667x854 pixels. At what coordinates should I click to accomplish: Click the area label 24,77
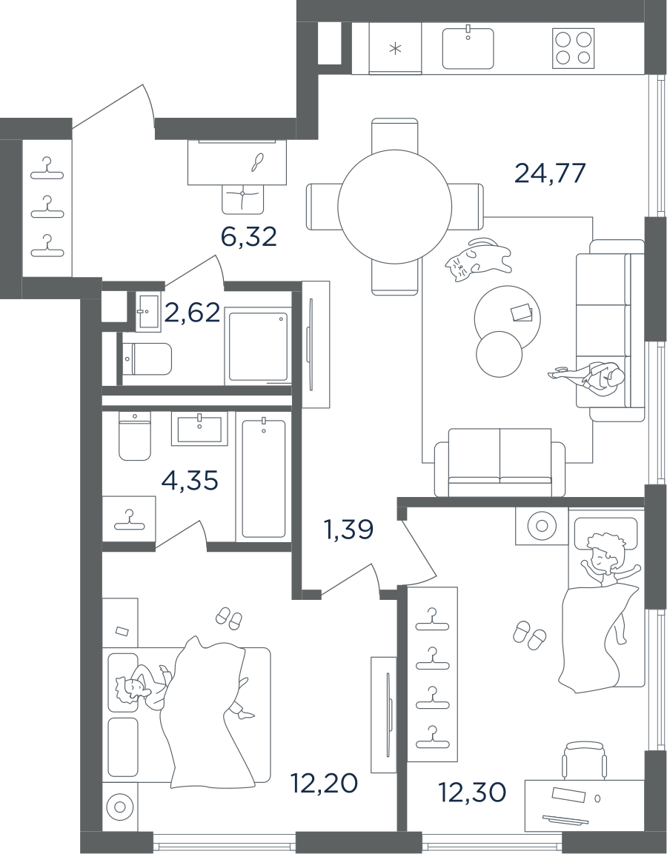tap(550, 173)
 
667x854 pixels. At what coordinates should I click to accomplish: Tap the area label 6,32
tap(248, 237)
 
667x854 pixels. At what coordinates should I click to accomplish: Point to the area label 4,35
tap(190, 481)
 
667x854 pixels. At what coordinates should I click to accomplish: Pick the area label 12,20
tap(325, 782)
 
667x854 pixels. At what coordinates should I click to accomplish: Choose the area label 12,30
tap(472, 793)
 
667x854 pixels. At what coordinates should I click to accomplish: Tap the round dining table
tap(394, 205)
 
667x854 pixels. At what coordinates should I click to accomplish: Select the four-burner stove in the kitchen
tap(574, 48)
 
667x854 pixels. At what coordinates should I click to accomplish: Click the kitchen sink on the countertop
tap(468, 48)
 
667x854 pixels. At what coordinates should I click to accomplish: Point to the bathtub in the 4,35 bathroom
tap(263, 478)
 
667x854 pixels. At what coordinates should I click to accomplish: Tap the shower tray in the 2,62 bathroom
tap(259, 345)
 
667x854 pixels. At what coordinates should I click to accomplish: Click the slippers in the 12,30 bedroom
tap(529, 635)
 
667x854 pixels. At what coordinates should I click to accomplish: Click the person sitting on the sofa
tap(597, 378)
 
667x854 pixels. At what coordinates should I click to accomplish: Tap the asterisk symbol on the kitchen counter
tap(395, 50)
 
